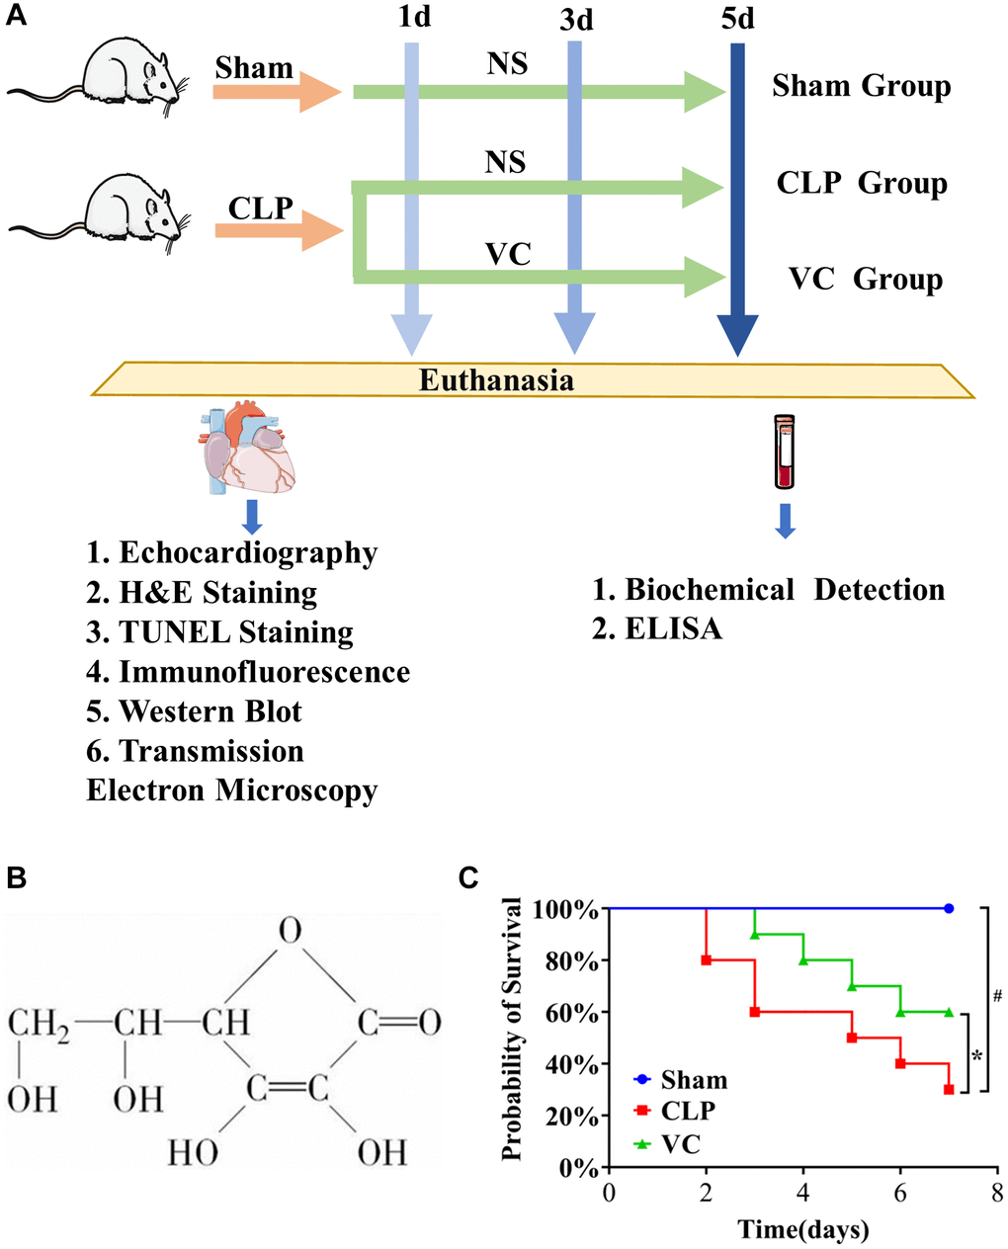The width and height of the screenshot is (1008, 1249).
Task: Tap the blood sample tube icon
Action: coord(784,453)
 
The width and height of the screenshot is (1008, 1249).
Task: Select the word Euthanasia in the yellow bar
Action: coord(496,380)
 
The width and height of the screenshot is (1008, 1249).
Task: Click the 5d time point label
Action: coord(737,18)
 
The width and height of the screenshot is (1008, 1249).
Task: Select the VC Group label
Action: coord(865,280)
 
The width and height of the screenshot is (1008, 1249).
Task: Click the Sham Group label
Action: coord(861,86)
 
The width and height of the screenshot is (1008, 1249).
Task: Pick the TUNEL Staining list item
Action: coord(219,632)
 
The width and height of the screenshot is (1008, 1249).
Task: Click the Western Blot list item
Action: coord(194,711)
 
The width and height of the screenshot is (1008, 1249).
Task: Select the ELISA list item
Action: coord(657,629)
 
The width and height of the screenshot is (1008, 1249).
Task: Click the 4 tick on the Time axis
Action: coord(803,1193)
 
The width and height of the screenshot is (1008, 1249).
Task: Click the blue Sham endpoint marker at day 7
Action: coord(949,908)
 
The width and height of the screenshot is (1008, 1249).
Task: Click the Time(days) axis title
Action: coord(802,1230)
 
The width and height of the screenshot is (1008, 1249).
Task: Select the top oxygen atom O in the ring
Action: coord(289,931)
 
